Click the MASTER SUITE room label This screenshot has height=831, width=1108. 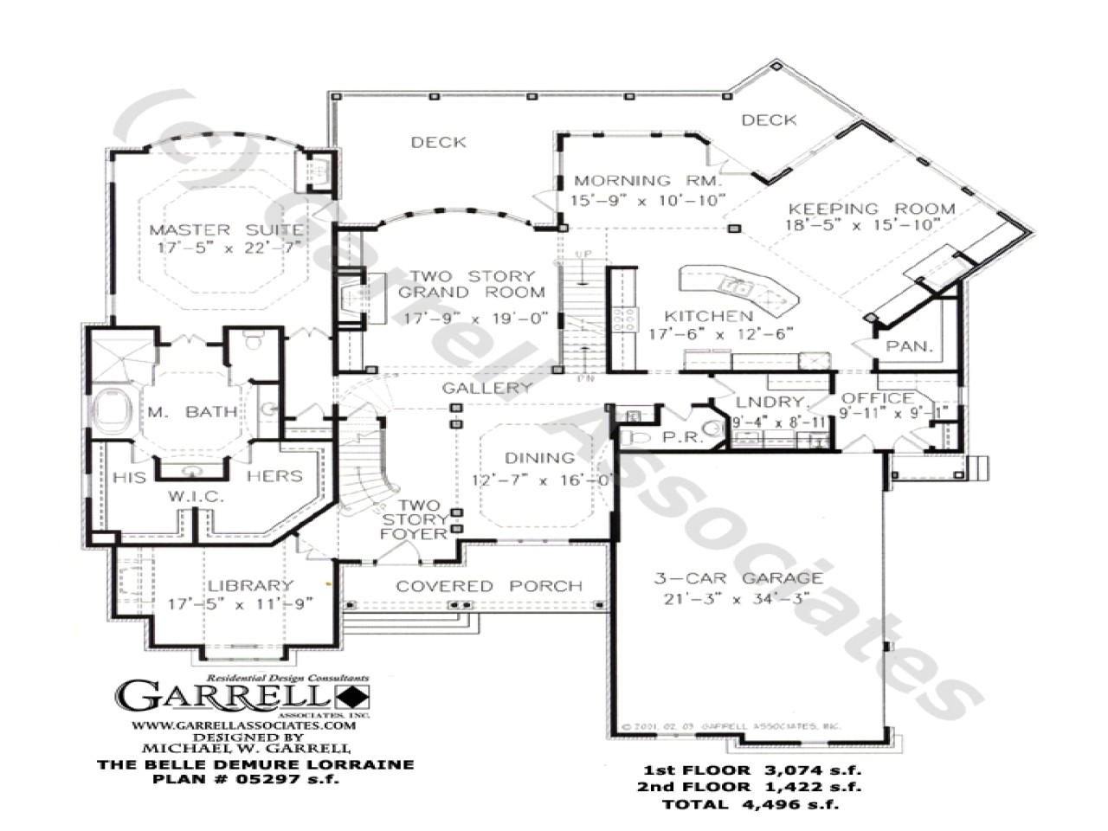[x=227, y=230]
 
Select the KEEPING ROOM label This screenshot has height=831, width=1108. [x=872, y=209]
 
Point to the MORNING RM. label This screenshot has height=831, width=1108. [x=647, y=181]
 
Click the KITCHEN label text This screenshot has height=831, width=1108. [x=708, y=316]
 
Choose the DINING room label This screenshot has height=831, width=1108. [x=539, y=458]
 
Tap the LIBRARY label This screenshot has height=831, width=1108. [x=249, y=586]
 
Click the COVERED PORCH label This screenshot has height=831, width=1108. [x=489, y=586]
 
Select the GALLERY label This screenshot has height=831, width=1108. [x=486, y=389]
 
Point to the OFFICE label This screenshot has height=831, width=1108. [x=878, y=398]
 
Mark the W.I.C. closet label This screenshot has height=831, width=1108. [x=196, y=497]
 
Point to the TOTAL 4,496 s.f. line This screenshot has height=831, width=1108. [x=751, y=804]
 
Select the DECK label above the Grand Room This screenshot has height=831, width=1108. [x=439, y=142]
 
